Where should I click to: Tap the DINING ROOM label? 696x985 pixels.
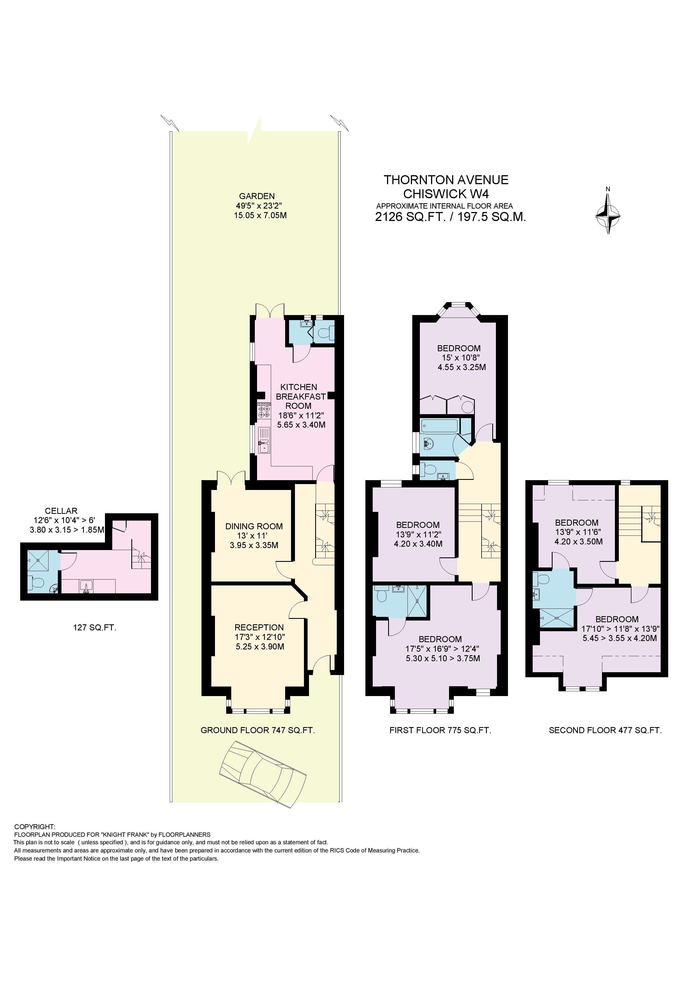pyautogui.click(x=254, y=526)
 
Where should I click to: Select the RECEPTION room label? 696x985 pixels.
pyautogui.click(x=259, y=627)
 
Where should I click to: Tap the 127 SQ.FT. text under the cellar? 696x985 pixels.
pyautogui.click(x=94, y=628)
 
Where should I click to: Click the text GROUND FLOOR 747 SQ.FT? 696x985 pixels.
pyautogui.click(x=258, y=730)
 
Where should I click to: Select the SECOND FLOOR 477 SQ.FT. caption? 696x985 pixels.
pyautogui.click(x=605, y=730)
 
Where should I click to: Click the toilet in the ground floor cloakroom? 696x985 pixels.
pyautogui.click(x=325, y=332)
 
